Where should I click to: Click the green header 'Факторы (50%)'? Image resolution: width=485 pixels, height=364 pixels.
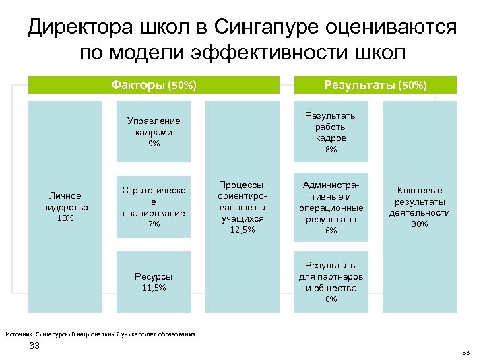[x=154, y=85]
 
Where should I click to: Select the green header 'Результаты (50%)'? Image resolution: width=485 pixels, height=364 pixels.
[x=375, y=85]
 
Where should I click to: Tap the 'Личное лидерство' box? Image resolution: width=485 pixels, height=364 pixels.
[x=65, y=206]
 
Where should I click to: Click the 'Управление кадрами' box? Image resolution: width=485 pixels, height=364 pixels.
[x=154, y=131]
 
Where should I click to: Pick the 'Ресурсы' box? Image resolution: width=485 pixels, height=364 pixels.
[x=154, y=282]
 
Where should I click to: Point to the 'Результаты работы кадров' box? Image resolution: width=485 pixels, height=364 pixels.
[x=331, y=131]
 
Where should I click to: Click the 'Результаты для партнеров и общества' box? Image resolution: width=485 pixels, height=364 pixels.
[x=331, y=282]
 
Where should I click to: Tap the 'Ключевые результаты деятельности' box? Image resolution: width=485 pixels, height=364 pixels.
[x=419, y=206]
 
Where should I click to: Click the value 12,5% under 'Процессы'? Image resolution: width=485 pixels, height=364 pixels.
[x=242, y=231]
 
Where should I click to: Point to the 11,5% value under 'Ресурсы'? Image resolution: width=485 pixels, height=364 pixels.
[x=154, y=288]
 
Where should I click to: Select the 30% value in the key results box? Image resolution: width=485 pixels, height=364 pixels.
[x=419, y=224]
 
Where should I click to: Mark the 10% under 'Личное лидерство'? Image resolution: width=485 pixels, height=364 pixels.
[x=65, y=218]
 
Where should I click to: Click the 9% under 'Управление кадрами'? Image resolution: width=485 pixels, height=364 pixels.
[x=154, y=144]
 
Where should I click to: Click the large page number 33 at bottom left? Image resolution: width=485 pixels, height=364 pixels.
[x=34, y=346]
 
